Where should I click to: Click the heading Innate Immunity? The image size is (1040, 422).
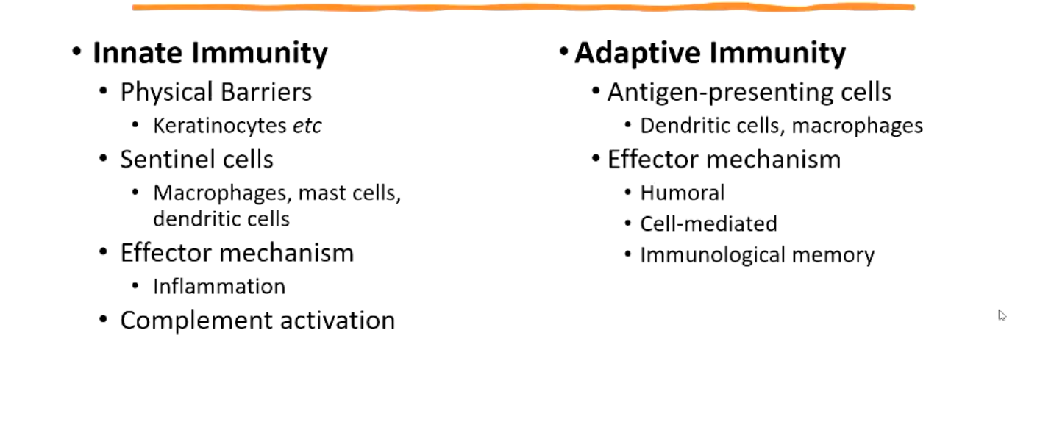[x=210, y=54]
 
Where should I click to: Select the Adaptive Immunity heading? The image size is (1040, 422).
[x=710, y=54]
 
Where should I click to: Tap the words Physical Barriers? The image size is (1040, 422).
[x=216, y=92]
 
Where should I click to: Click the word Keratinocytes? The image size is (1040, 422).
[x=220, y=126]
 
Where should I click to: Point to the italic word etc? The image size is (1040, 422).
[x=307, y=126]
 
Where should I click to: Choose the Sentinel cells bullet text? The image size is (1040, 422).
[x=197, y=160]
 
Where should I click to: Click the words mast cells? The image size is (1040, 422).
[x=349, y=193]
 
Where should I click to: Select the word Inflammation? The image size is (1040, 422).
[x=219, y=287]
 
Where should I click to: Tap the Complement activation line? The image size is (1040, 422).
[x=257, y=321]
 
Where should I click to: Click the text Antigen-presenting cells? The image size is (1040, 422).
[x=749, y=92]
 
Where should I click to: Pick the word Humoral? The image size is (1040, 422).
[x=682, y=193]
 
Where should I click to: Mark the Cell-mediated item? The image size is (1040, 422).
[x=708, y=223]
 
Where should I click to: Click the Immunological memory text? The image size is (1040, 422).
[x=758, y=255]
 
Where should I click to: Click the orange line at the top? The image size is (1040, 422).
[x=523, y=7]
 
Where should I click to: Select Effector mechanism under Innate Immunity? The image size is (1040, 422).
[x=237, y=253]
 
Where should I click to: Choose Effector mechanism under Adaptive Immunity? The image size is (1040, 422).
[x=724, y=160]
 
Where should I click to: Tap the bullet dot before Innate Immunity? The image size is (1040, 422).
[x=76, y=51]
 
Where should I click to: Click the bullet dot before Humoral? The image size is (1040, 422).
[x=627, y=192]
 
